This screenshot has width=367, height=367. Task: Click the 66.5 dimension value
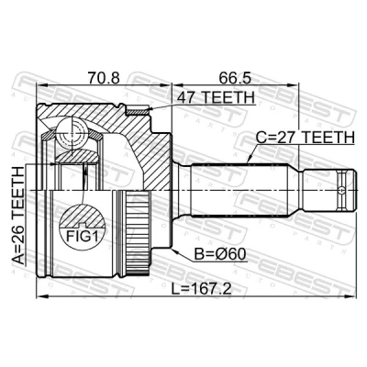point(235,77)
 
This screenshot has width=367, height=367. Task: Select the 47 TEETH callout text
point(217,97)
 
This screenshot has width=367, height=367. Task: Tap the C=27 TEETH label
point(305,137)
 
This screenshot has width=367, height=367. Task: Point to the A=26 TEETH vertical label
point(17,216)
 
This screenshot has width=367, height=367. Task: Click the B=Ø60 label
point(220,254)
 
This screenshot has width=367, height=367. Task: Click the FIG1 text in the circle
point(83,236)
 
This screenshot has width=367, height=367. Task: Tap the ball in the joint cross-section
point(72,134)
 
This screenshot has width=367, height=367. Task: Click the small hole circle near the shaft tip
point(341,191)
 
